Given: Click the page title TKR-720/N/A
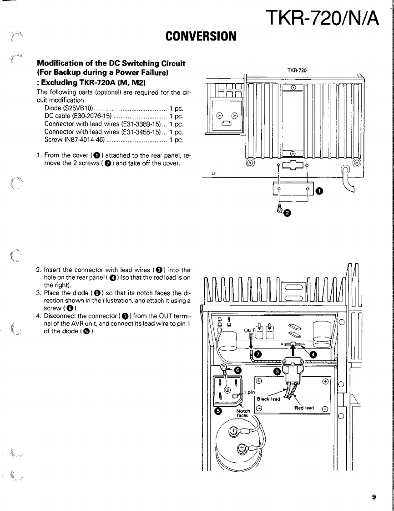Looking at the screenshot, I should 323,18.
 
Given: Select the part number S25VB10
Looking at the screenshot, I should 81,108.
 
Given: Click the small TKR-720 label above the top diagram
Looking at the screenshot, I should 297,70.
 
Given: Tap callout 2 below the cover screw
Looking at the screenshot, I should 287,212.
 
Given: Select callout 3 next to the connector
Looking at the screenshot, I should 277,371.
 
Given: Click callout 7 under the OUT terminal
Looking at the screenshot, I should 258,355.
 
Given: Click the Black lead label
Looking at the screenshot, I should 268,399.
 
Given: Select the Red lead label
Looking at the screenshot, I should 304,408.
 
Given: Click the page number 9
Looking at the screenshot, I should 373,497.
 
